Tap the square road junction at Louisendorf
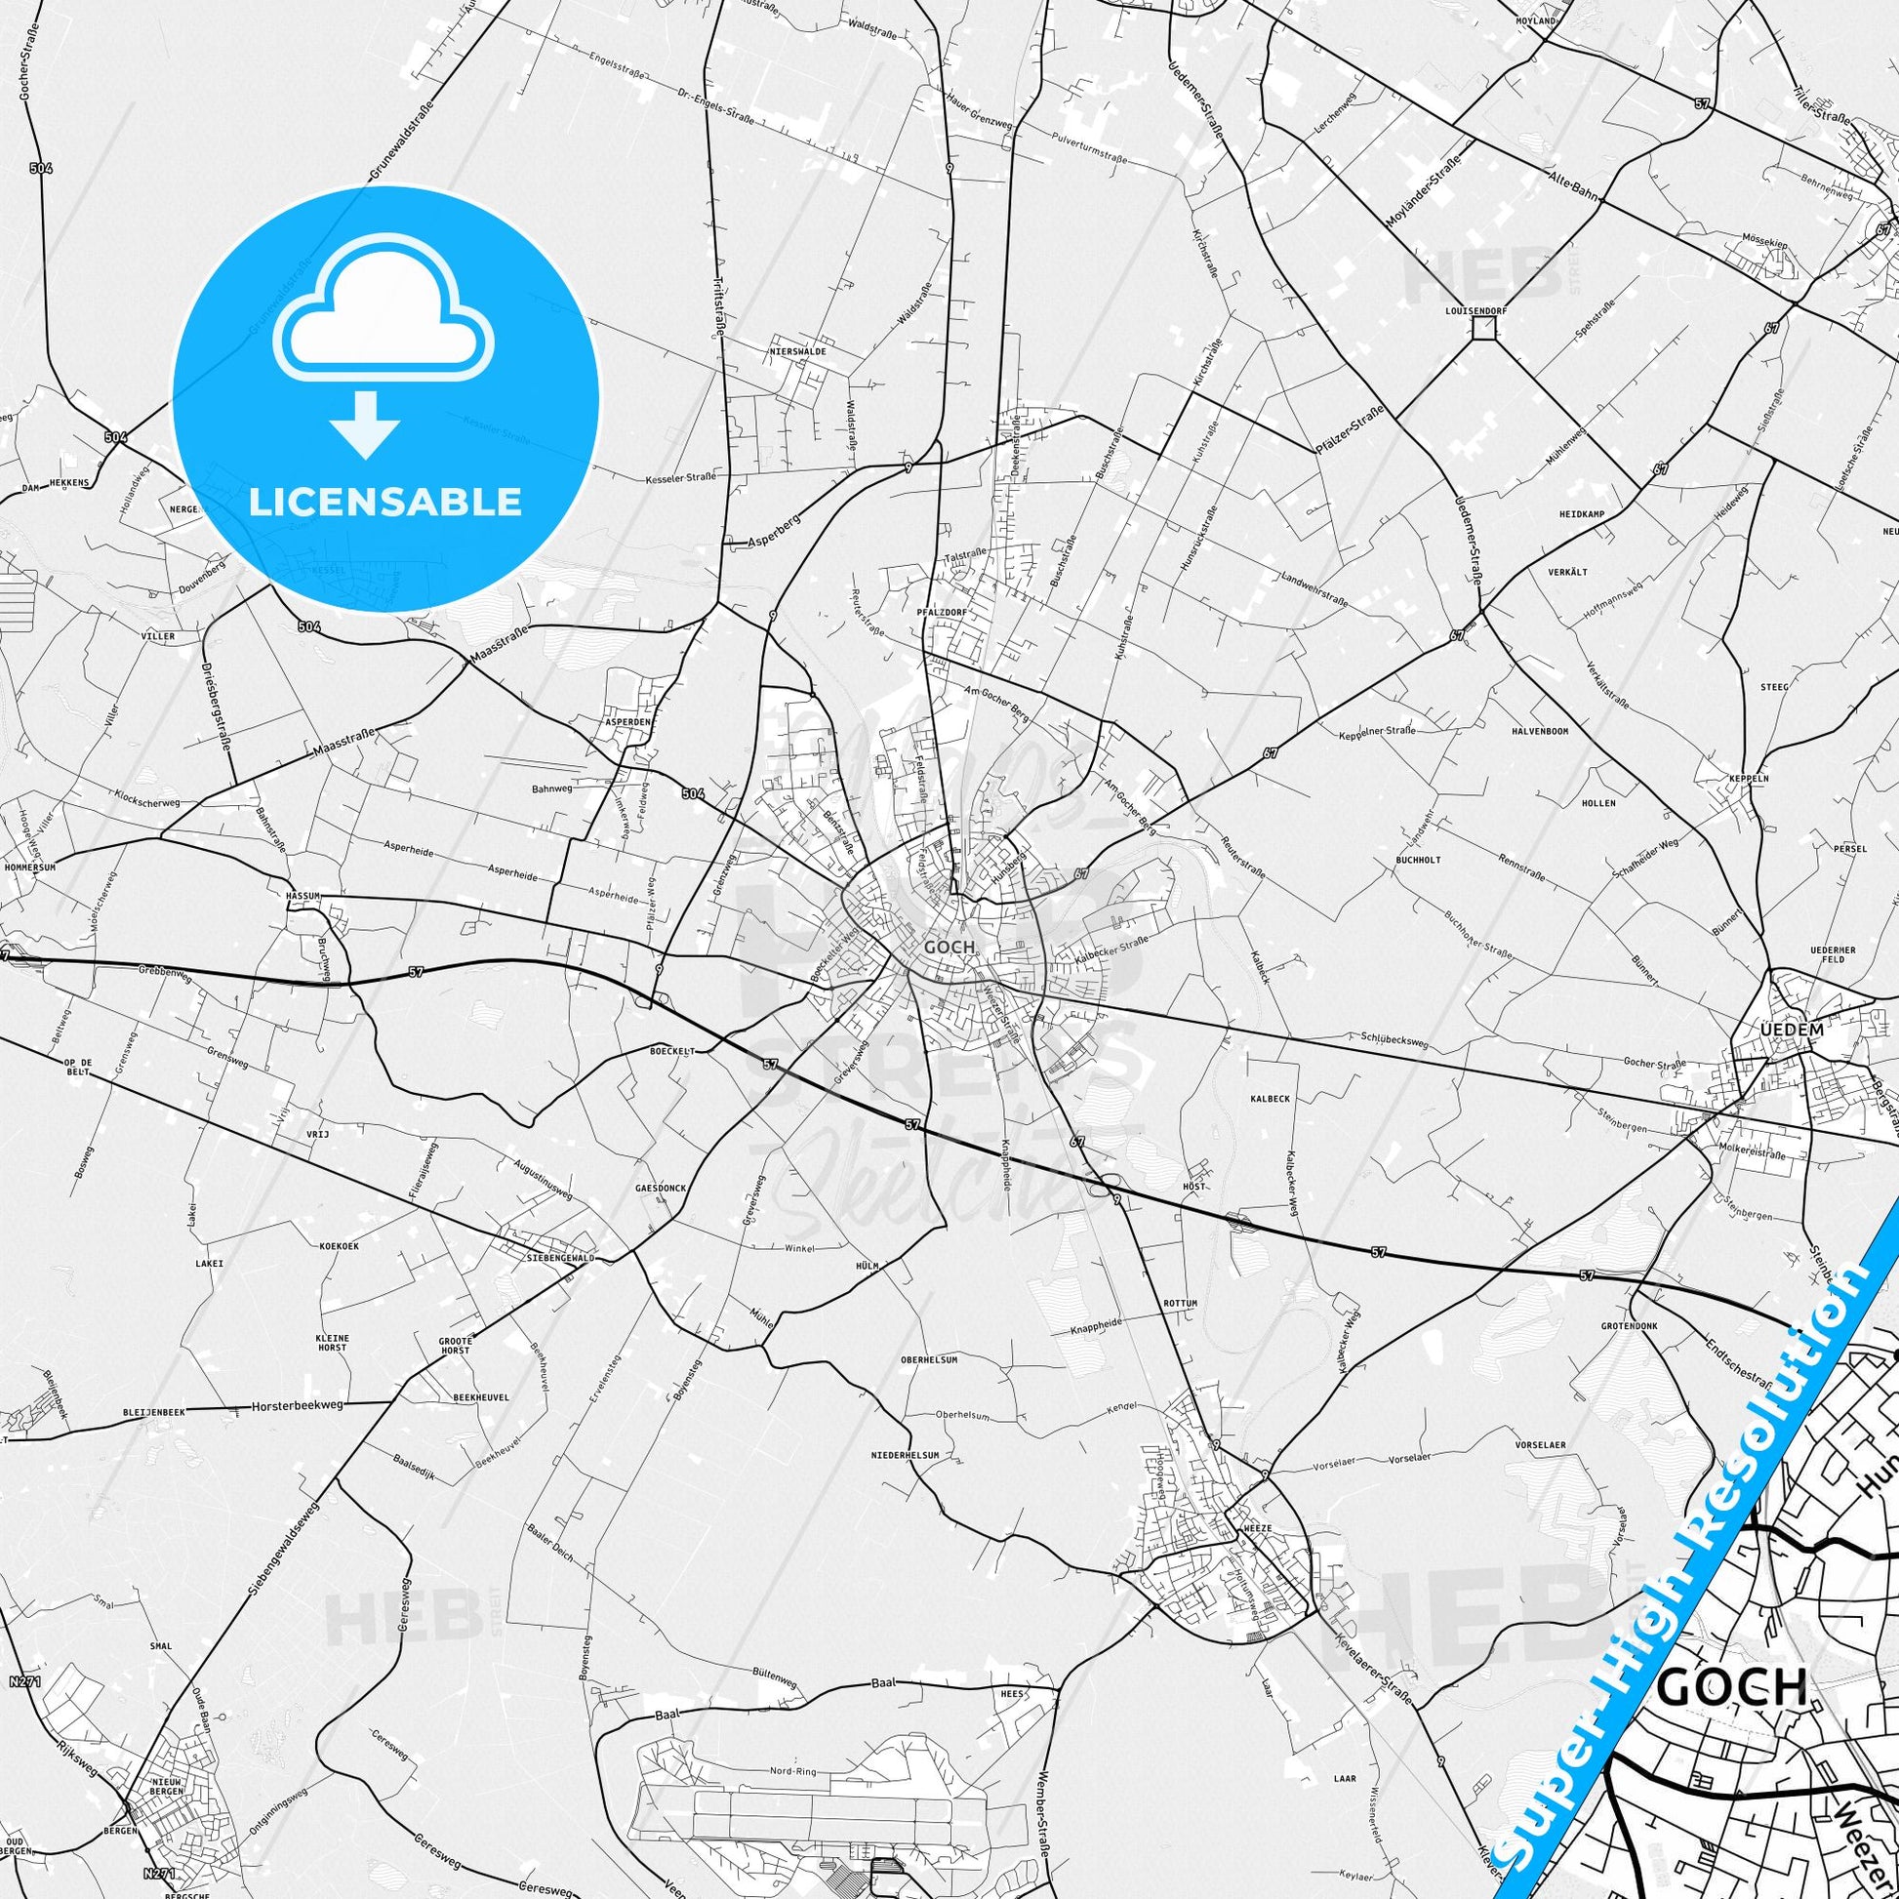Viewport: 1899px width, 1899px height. (1483, 328)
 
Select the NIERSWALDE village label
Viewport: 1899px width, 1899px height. (797, 351)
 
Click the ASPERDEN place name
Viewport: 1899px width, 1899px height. (628, 720)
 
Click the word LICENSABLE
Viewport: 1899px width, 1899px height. (385, 502)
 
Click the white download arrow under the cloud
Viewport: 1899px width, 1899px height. (365, 423)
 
